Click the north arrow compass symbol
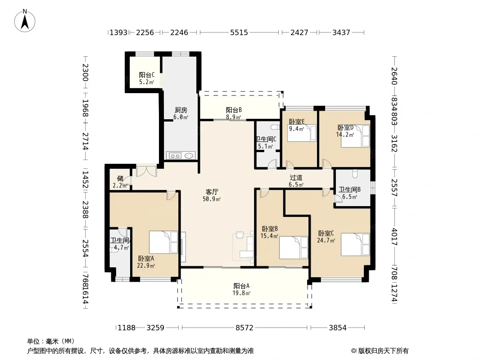25,21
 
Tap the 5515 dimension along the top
239,32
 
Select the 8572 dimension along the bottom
245,328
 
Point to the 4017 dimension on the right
394,237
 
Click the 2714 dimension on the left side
86,141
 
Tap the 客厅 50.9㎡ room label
212,195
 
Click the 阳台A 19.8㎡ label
241,289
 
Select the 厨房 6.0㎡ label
181,113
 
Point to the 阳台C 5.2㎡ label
147,78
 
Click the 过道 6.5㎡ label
296,181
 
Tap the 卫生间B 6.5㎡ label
349,193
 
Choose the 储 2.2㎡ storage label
120,182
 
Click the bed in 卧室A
163,242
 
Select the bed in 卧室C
355,244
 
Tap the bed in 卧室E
302,133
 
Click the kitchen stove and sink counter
181,155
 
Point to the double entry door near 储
146,171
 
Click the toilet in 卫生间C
275,127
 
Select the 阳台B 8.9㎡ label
234,113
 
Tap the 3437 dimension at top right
341,32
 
